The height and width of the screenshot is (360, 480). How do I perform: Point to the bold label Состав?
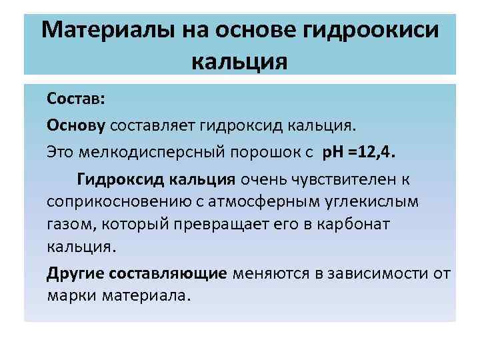pyautogui.click(x=75, y=99)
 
